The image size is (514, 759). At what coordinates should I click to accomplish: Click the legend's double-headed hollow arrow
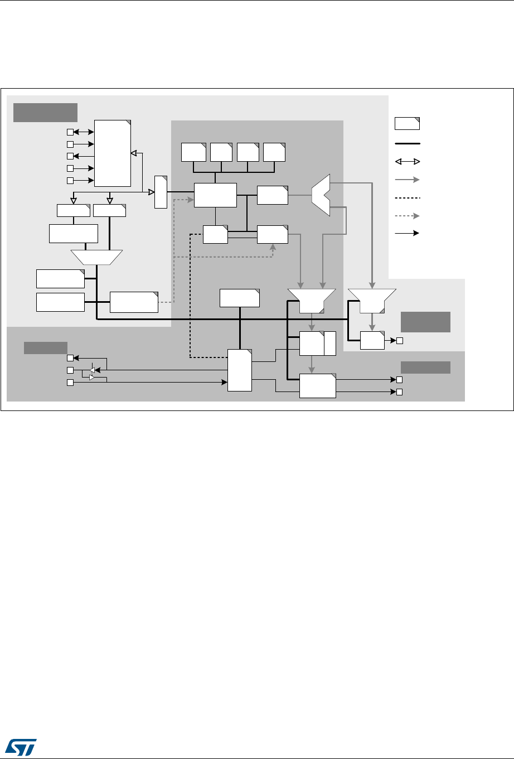(408, 162)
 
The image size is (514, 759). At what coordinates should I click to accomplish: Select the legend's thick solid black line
(408, 143)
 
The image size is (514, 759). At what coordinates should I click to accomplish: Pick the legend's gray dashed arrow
(408, 215)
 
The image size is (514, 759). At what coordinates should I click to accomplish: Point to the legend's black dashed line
(408, 197)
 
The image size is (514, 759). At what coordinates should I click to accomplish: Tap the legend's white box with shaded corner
(408, 124)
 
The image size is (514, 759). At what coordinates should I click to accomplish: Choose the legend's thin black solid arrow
(408, 234)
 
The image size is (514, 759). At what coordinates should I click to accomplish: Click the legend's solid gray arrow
(408, 180)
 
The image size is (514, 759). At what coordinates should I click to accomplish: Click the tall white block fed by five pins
(113, 153)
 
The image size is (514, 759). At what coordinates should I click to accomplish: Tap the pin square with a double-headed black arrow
(70, 132)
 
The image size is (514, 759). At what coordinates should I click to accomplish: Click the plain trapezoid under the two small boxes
(96, 257)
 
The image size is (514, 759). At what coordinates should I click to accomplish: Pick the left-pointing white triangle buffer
(93, 370)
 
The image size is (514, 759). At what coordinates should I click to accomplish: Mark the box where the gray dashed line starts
(134, 302)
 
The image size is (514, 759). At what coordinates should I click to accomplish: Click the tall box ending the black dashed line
(240, 370)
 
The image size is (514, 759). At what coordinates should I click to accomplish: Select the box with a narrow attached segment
(317, 344)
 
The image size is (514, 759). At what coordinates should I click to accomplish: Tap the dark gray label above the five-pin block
(45, 112)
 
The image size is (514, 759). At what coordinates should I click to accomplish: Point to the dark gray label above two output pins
(426, 367)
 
